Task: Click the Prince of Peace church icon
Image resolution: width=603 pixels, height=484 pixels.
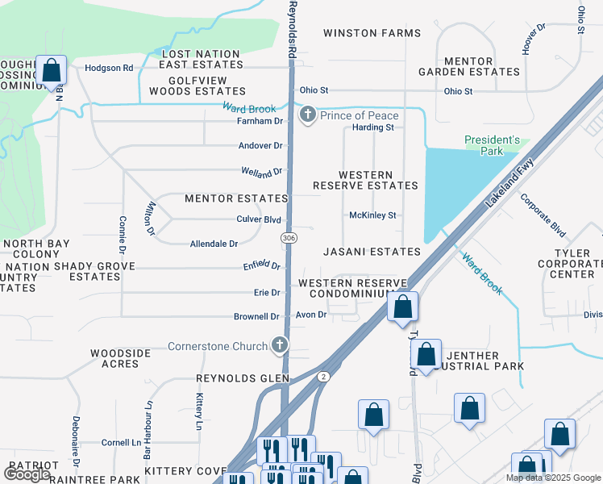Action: click(x=307, y=116)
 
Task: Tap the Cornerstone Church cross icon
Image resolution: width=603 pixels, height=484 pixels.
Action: click(x=280, y=346)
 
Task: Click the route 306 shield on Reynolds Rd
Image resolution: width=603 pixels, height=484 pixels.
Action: click(x=289, y=238)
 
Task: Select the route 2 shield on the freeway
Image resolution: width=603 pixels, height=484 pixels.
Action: click(x=323, y=377)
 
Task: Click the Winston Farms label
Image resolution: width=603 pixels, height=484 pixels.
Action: click(x=372, y=33)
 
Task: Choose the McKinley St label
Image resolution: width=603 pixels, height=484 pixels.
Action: click(x=372, y=215)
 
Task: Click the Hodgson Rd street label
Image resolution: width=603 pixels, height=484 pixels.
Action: click(x=108, y=69)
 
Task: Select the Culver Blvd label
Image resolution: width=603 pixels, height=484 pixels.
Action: click(x=258, y=219)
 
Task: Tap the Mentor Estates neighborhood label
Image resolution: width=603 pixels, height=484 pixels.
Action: click(x=236, y=198)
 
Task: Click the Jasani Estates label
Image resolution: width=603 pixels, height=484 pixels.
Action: click(x=372, y=252)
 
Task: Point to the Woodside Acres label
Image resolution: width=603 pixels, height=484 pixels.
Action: click(x=120, y=358)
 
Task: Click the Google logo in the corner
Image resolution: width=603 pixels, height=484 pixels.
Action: click(x=27, y=474)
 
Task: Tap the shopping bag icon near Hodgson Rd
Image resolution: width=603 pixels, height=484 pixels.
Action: click(x=52, y=72)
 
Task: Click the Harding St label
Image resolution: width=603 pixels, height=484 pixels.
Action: click(x=372, y=127)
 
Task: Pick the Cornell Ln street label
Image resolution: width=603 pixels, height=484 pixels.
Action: click(x=121, y=443)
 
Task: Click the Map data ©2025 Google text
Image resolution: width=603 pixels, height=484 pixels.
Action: click(x=552, y=478)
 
